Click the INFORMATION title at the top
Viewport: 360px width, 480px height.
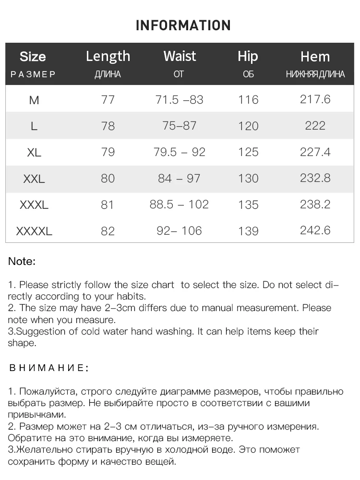click(183, 25)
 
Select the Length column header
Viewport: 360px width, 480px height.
click(108, 57)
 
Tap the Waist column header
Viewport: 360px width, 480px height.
click(180, 56)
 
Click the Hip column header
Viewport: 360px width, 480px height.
click(248, 57)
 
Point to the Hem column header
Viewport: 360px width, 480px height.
click(315, 57)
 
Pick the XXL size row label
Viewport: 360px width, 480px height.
click(34, 179)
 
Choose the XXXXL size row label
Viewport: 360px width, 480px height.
click(34, 231)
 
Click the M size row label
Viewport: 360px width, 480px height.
click(34, 100)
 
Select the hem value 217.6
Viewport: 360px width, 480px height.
click(315, 99)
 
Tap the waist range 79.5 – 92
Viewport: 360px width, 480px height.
click(179, 152)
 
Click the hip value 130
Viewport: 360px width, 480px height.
click(248, 179)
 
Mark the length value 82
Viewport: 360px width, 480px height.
click(108, 231)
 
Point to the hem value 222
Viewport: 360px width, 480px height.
click(315, 125)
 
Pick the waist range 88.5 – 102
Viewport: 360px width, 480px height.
click(179, 204)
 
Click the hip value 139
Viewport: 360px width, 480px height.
click(248, 231)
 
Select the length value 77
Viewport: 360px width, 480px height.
click(108, 100)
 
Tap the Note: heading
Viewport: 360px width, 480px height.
click(22, 262)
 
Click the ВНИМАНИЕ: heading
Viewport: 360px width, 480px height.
click(49, 368)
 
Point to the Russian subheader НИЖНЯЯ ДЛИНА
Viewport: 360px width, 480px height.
click(315, 74)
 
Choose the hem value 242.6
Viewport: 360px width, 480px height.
click(315, 230)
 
